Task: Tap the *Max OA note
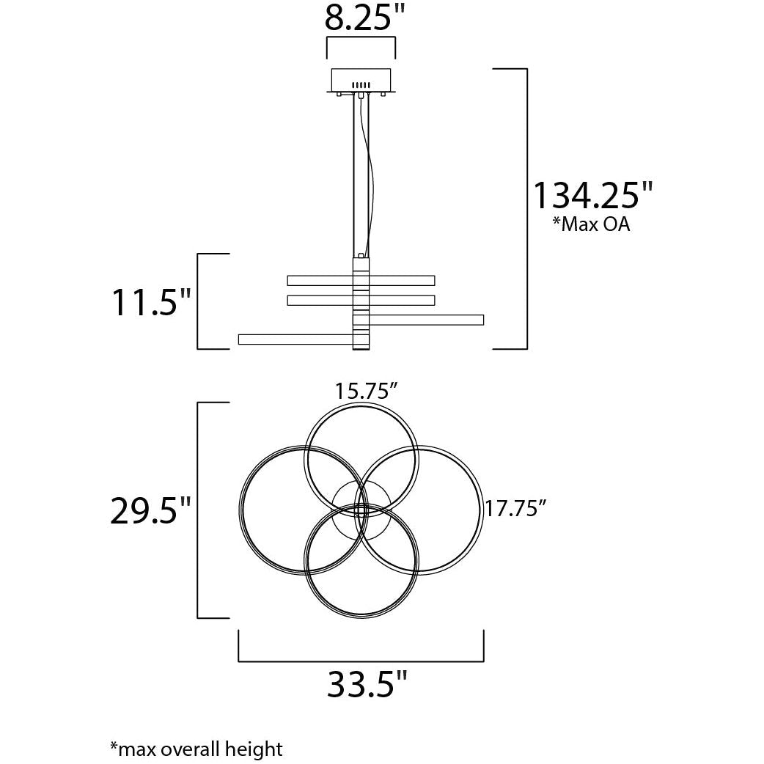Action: [590, 224]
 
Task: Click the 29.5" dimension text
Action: [150, 510]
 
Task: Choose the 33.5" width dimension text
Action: [367, 684]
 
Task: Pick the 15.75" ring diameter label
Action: [367, 392]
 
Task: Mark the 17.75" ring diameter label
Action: [514, 509]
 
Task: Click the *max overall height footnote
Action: [196, 749]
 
